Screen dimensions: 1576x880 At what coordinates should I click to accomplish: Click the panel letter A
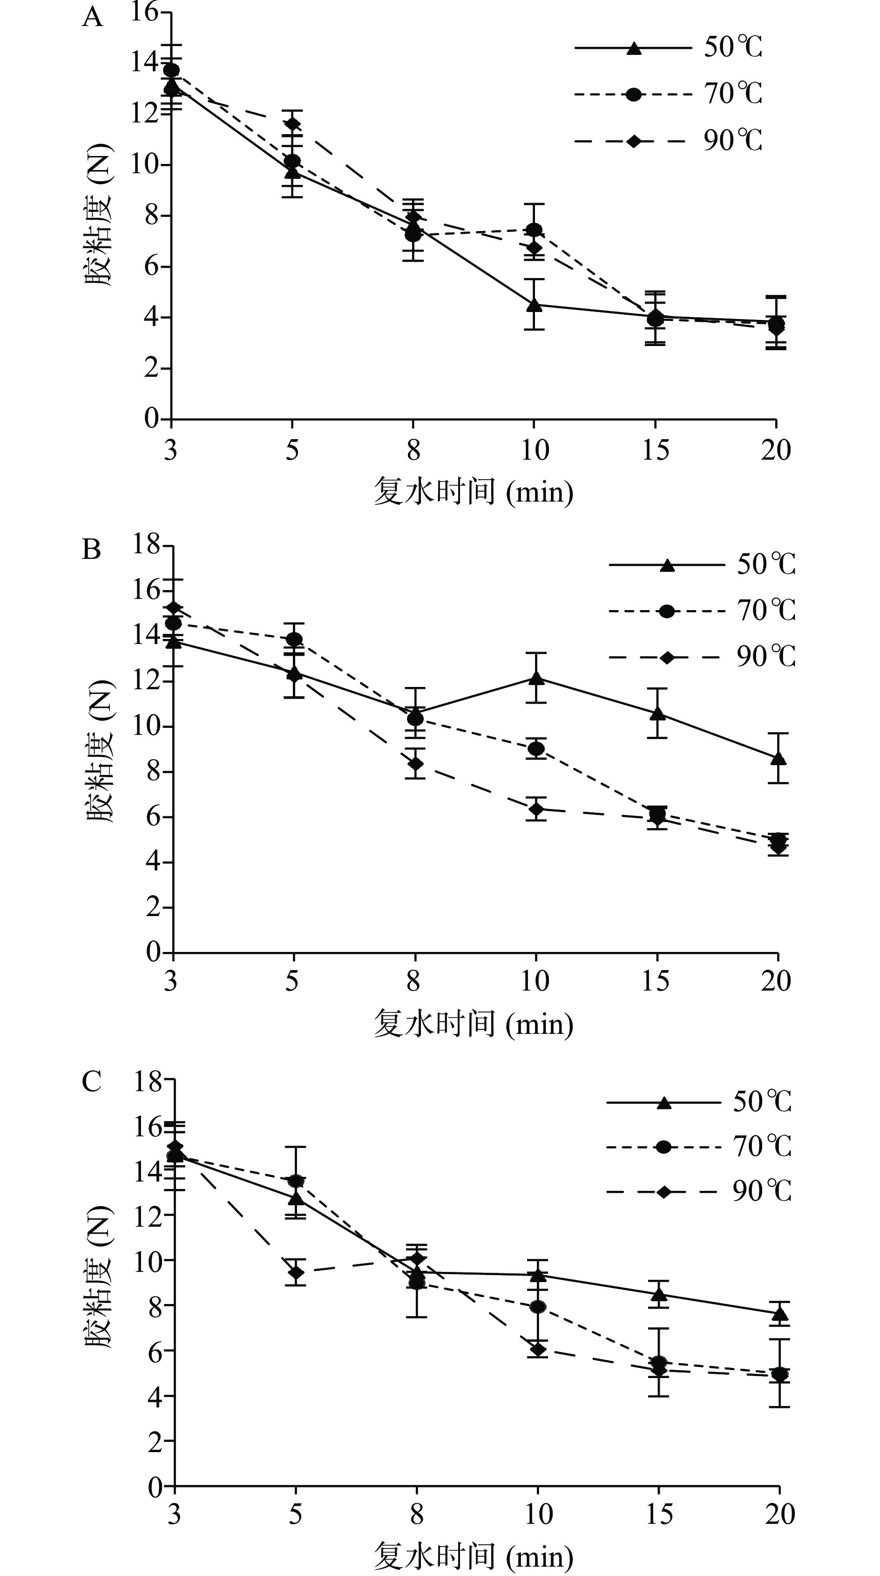click(x=92, y=18)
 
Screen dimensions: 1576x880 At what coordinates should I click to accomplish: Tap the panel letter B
click(x=91, y=550)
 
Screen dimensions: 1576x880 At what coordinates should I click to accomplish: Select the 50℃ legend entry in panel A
click(x=668, y=48)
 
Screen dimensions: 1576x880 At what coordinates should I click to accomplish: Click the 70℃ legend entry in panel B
click(x=702, y=611)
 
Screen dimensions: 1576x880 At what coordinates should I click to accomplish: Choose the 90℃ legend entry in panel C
click(x=698, y=1192)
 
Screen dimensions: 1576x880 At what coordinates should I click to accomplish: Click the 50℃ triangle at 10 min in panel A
click(x=535, y=304)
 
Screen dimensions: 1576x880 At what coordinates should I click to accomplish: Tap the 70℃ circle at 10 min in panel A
click(x=535, y=230)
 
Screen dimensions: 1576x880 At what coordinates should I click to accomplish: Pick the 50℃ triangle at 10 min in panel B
click(x=536, y=678)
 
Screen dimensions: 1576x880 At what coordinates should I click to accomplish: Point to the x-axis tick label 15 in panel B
click(x=656, y=982)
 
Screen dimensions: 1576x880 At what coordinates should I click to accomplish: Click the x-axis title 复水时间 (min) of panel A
click(x=474, y=492)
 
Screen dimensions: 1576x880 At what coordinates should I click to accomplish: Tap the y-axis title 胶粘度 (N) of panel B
click(x=99, y=751)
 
